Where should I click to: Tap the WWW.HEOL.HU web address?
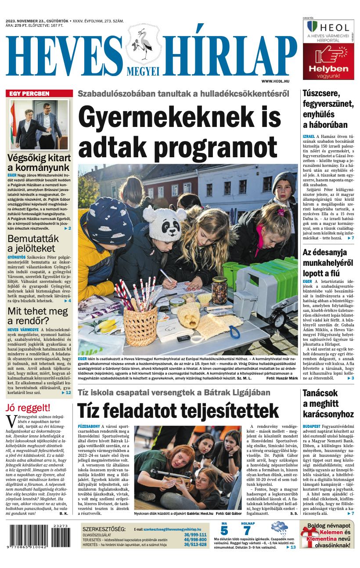(278, 81)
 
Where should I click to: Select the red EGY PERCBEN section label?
(40, 94)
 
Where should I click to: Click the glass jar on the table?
(219, 290)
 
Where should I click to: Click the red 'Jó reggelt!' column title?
(28, 407)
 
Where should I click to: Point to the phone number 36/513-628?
(195, 544)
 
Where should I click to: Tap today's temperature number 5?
(224, 531)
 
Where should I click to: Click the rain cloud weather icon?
(279, 528)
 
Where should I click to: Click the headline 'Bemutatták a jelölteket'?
(33, 245)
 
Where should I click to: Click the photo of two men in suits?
(40, 125)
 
